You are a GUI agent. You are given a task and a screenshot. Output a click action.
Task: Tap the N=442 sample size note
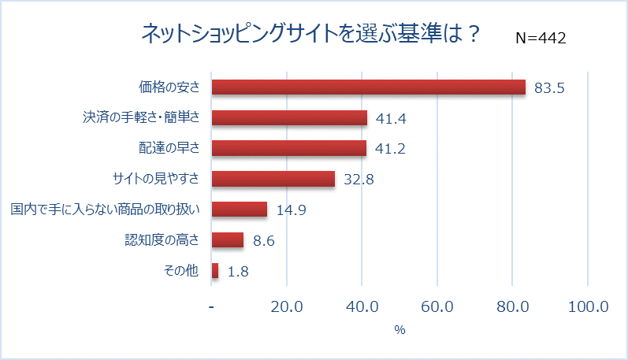click(x=541, y=38)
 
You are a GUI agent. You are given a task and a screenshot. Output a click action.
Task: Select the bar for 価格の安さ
click(x=368, y=87)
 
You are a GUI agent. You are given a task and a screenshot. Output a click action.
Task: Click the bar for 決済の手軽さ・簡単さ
click(x=289, y=118)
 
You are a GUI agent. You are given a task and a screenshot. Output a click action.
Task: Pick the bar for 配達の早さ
click(x=289, y=148)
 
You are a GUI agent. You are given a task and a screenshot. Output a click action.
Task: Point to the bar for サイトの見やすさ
click(x=273, y=179)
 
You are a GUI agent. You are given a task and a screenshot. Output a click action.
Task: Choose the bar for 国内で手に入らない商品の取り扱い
click(x=240, y=210)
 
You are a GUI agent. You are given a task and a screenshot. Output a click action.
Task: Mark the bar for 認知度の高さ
click(x=228, y=240)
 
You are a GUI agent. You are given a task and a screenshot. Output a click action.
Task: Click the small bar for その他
click(x=215, y=271)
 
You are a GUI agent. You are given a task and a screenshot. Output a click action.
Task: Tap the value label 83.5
click(x=549, y=88)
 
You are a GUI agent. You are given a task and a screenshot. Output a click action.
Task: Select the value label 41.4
click(x=391, y=119)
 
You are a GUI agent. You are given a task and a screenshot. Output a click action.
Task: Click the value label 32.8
click(x=358, y=180)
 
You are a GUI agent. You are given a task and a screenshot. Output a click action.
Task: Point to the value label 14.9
click(x=291, y=210)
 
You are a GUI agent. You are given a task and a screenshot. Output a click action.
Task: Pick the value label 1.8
click(x=238, y=272)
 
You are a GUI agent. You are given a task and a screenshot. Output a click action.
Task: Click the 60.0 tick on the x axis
click(x=437, y=306)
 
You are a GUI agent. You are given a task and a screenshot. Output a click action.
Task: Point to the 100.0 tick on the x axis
click(x=588, y=306)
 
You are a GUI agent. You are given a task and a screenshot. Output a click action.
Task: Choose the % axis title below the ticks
click(x=399, y=330)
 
